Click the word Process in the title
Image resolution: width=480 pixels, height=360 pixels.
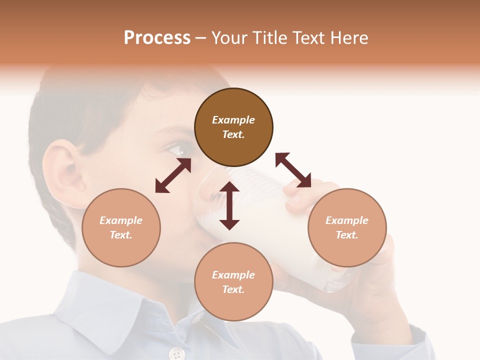coord(157,38)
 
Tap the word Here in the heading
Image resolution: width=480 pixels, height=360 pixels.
coord(348,38)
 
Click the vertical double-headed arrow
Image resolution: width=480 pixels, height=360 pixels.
coord(229,205)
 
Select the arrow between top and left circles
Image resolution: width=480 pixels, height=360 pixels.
coord(173,175)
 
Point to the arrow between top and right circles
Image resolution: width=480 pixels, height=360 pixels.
coord(293,170)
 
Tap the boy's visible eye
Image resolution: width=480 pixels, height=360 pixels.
coord(176,148)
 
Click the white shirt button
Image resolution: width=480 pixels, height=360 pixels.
coord(176,354)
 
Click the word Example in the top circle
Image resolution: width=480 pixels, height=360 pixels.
coord(233,120)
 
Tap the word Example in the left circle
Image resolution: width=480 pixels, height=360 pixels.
coord(121,220)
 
